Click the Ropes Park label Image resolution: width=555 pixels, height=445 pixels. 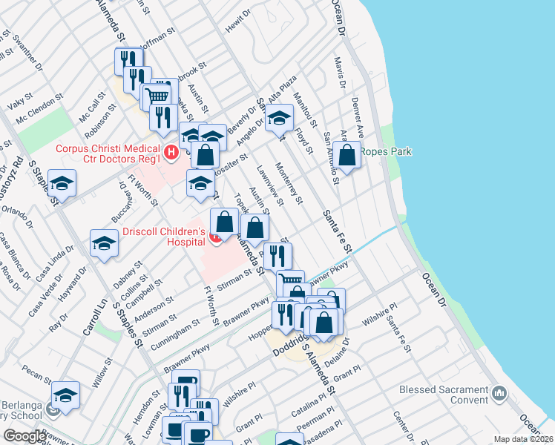pyautogui.click(x=385, y=152)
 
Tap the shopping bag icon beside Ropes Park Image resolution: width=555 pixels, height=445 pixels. pyautogui.click(x=347, y=156)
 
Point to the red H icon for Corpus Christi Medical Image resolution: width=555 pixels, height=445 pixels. pyautogui.click(x=171, y=154)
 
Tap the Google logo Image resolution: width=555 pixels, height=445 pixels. pyautogui.click(x=24, y=435)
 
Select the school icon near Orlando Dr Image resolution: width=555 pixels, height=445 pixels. pyautogui.click(x=63, y=185)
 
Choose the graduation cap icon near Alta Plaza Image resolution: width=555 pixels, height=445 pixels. pyautogui.click(x=279, y=118)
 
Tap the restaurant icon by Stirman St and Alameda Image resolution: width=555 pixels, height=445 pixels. pyautogui.click(x=277, y=257)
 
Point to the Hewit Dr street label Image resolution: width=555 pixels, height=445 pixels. pyautogui.click(x=234, y=26)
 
